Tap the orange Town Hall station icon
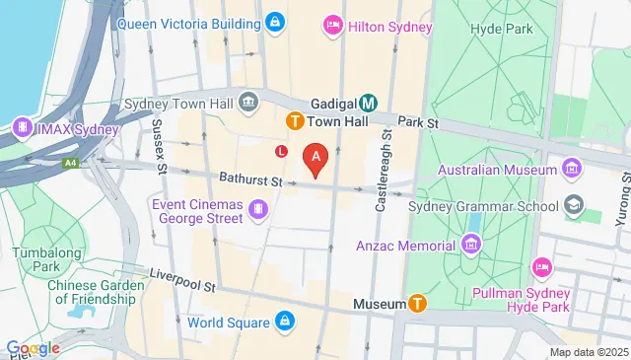click(294, 120)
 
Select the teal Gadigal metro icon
click(369, 103)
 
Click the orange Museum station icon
click(418, 304)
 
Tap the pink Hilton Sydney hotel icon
click(334, 27)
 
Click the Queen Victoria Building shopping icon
click(275, 21)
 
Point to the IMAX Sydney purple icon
click(21, 128)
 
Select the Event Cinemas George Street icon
click(257, 208)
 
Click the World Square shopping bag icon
click(284, 323)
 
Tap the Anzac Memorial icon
click(471, 245)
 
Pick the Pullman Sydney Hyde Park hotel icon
click(540, 266)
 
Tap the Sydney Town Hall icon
click(247, 102)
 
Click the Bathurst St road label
click(251, 181)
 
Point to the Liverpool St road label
click(181, 279)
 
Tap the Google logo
click(32, 347)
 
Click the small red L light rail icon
click(282, 151)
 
